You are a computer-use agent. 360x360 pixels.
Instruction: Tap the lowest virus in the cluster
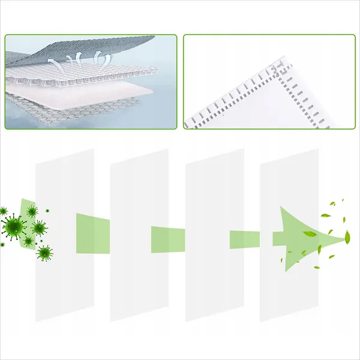(44, 253)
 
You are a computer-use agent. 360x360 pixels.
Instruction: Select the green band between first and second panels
(93, 233)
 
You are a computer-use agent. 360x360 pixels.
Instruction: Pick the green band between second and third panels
(167, 235)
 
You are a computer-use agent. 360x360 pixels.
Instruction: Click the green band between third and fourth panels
(244, 239)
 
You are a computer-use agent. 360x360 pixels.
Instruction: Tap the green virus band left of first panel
(26, 222)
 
